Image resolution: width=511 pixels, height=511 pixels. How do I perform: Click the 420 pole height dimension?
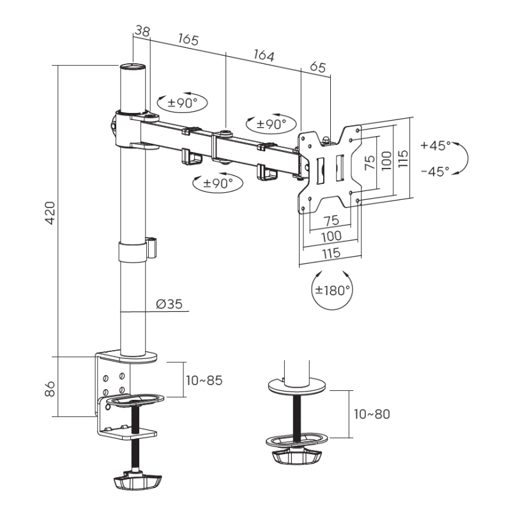coord(50,213)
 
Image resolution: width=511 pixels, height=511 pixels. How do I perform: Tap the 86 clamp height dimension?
coord(50,389)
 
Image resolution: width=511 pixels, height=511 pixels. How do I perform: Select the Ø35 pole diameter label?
coord(169,304)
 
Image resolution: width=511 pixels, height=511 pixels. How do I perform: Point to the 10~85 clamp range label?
coord(204,380)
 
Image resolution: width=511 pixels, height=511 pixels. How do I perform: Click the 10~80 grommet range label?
coord(372,414)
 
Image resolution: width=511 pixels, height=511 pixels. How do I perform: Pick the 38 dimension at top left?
coord(142,31)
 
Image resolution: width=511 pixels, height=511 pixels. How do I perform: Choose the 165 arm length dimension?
coord(188,40)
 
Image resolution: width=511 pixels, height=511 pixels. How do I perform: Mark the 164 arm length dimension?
coord(264,55)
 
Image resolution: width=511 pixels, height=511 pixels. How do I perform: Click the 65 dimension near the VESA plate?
coord(317,67)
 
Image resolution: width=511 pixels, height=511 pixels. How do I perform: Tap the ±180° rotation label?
coord(332,290)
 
